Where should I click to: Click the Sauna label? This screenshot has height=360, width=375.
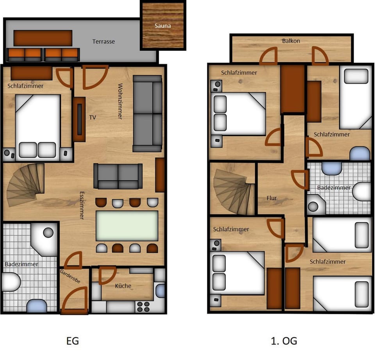point(162,26)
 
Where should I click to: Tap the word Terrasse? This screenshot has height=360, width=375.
point(104,41)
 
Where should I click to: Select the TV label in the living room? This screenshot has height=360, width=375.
point(93,117)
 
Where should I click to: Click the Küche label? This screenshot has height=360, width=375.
point(123,286)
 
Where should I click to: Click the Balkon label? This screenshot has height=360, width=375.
point(291,41)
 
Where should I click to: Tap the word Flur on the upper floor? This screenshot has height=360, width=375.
point(271,198)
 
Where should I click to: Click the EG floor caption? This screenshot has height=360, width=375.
point(73,341)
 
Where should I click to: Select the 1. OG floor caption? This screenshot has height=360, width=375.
point(284,341)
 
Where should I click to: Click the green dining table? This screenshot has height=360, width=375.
point(127,226)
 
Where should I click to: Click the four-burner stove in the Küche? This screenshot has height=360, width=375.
point(143,306)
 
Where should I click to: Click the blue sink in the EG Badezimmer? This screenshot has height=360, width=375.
point(37,305)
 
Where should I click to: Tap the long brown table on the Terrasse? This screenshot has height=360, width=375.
point(43,38)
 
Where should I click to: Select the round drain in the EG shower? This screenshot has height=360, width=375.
point(48,233)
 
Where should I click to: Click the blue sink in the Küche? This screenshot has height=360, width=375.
point(160,291)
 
